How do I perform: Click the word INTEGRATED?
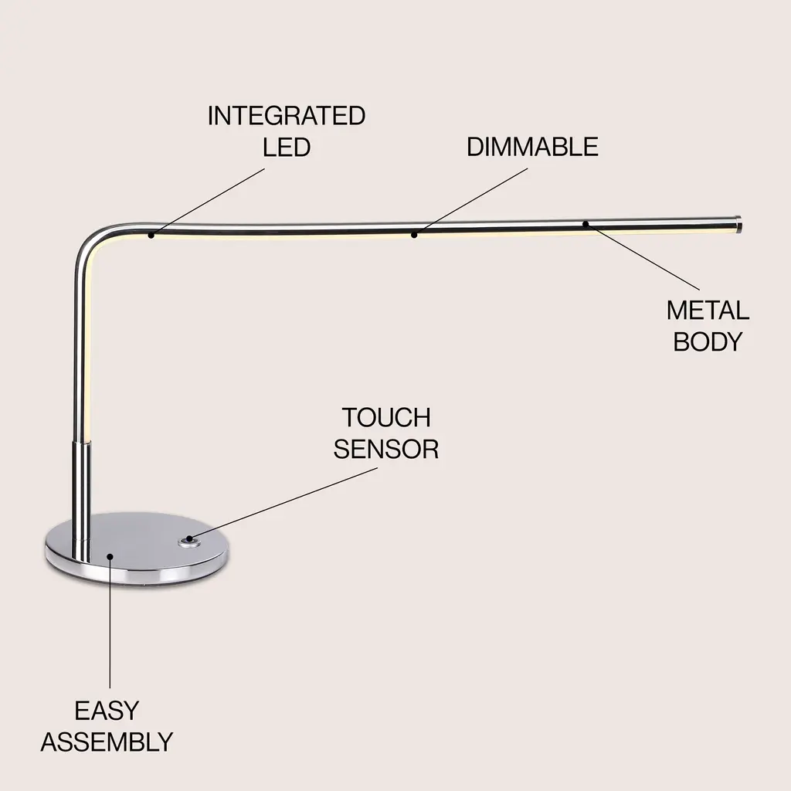click(x=286, y=116)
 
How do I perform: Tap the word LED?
click(x=287, y=147)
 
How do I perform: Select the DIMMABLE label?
click(x=532, y=147)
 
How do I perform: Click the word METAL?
click(x=708, y=311)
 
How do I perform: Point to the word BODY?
click(x=708, y=341)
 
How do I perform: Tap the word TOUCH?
click(x=385, y=418)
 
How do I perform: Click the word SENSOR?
click(x=385, y=449)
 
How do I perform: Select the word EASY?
click(x=107, y=711)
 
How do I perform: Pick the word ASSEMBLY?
click(x=107, y=742)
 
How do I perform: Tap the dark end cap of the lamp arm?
click(x=738, y=224)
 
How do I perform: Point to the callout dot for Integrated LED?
click(x=151, y=234)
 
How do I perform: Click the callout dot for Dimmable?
click(x=414, y=233)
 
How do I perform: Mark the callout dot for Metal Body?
click(x=586, y=224)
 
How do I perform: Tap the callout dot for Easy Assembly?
click(x=110, y=555)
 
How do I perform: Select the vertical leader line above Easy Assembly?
click(x=110, y=626)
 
